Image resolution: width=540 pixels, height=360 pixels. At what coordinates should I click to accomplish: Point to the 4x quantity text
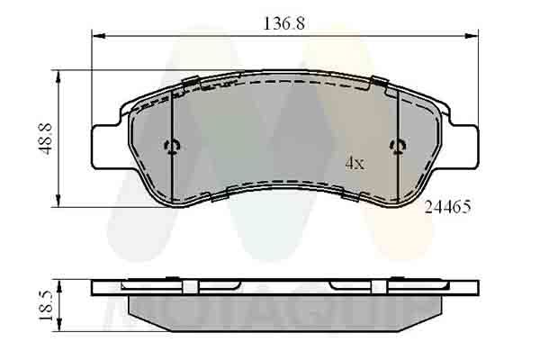(x=355, y=164)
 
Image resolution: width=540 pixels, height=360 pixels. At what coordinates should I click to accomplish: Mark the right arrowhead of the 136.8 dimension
(x=472, y=37)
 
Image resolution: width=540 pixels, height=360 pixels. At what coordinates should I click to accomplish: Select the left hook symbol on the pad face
(x=173, y=148)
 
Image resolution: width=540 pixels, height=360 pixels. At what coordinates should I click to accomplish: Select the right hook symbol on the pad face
(x=397, y=148)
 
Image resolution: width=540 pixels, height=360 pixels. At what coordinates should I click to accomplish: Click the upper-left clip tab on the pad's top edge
(x=190, y=84)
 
